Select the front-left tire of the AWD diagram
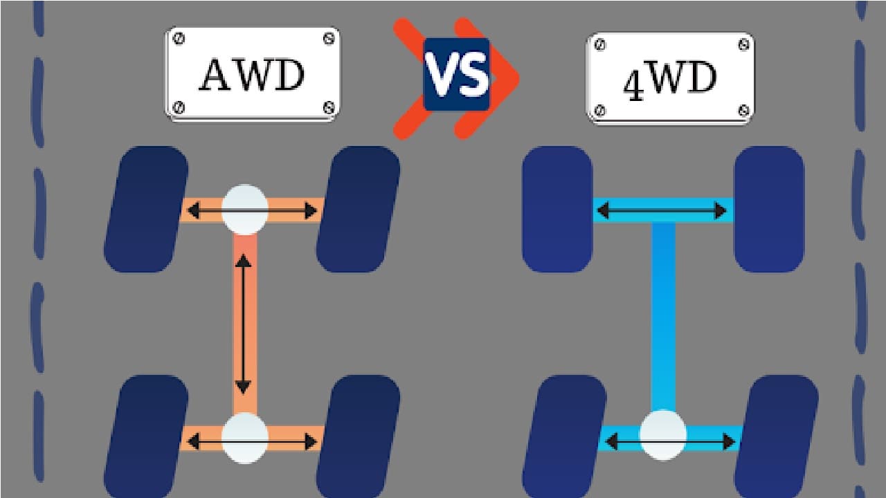pos(146,208)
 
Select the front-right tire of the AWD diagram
pos(358,208)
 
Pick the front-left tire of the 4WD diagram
pos(557,208)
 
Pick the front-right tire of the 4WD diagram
pos(768,208)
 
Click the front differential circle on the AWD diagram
pos(244,209)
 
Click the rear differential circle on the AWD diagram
pos(244,438)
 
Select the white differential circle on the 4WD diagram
pos(663,436)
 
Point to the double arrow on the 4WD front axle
pos(663,210)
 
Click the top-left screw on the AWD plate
pos(180,39)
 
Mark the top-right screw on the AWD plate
pos(328,39)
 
